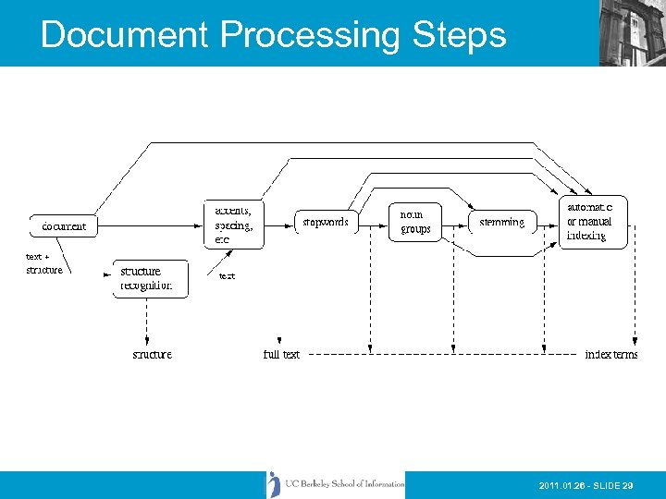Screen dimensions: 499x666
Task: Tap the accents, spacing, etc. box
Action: click(x=233, y=224)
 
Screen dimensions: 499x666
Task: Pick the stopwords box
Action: click(x=326, y=223)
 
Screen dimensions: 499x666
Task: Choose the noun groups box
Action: click(x=415, y=222)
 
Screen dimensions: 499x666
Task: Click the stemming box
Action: click(x=502, y=223)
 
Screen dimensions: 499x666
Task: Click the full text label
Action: click(x=281, y=354)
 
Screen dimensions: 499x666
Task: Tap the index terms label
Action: click(x=611, y=354)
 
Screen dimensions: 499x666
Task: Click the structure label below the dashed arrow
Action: click(x=152, y=354)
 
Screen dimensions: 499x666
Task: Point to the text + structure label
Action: click(x=43, y=263)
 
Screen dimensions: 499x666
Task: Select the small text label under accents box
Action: click(x=227, y=276)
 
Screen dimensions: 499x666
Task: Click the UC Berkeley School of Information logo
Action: click(x=337, y=484)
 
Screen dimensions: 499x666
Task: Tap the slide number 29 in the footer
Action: click(x=628, y=485)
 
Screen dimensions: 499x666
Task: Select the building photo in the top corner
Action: click(x=632, y=32)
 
